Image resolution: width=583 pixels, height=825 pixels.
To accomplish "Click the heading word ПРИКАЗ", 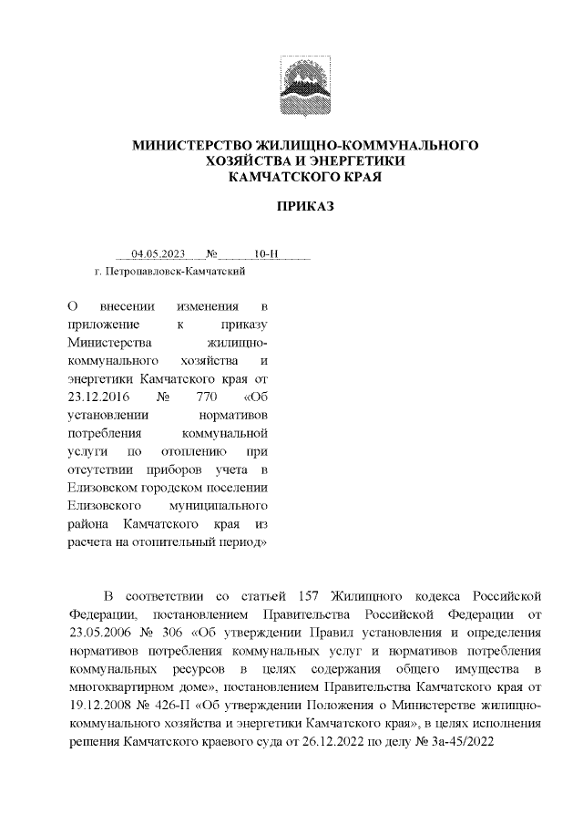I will click(306, 206).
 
